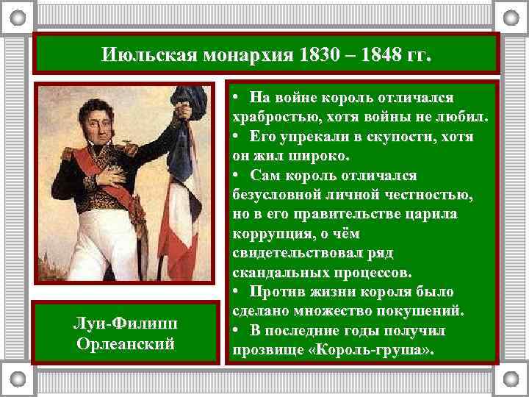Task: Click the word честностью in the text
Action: click(422, 195)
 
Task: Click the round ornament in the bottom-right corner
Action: click(511, 381)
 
